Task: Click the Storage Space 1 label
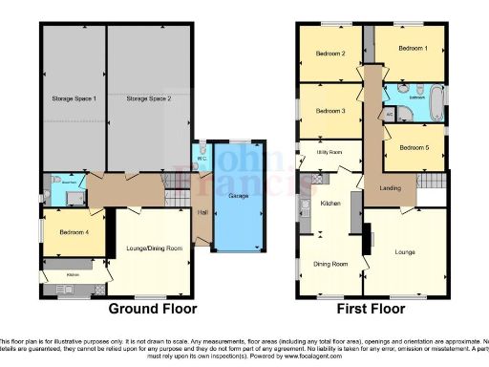tap(74, 99)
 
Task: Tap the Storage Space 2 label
tap(149, 99)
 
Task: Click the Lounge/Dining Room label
tap(153, 248)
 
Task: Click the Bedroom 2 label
tap(330, 54)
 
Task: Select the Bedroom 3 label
tap(330, 110)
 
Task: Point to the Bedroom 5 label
tap(414, 147)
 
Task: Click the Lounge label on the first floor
tap(405, 252)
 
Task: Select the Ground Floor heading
tap(153, 309)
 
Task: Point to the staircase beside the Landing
tap(432, 182)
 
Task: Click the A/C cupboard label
tap(390, 112)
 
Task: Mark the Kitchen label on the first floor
tap(330, 204)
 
